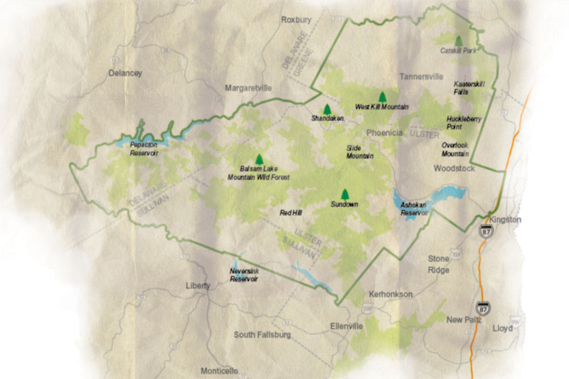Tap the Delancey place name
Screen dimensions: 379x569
(125, 73)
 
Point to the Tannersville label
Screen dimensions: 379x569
(421, 76)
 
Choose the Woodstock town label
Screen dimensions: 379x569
(453, 169)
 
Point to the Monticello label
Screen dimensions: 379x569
(220, 370)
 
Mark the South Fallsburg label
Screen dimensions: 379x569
(263, 335)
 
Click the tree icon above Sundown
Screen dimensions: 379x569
(345, 193)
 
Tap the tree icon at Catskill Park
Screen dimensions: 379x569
(459, 41)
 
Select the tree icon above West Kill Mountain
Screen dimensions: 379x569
(382, 97)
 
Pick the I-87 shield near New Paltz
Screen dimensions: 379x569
(483, 307)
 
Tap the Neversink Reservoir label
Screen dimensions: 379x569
(243, 275)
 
